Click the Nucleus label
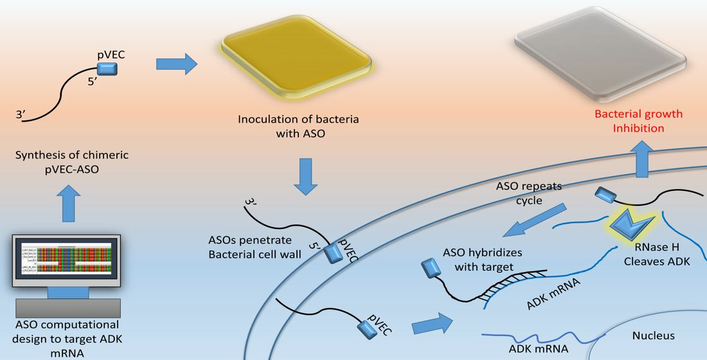click(653, 335)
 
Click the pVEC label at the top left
click(111, 55)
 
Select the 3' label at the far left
click(21, 115)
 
